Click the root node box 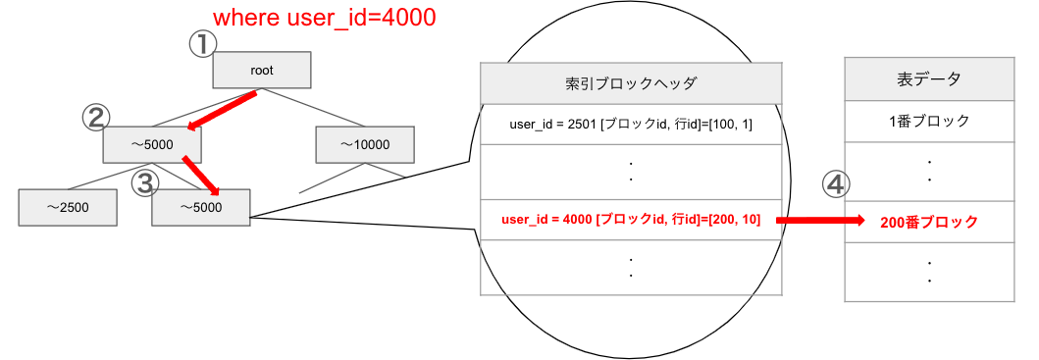(262, 70)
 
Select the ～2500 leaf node (67, 206)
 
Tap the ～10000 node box (364, 145)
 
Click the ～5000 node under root (152, 145)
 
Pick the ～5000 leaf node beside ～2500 (201, 206)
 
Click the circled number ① (201, 43)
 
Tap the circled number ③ (146, 181)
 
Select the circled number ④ (834, 183)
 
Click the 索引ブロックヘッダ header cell (631, 84)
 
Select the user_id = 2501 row (631, 125)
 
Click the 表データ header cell (929, 79)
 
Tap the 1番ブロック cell (929, 122)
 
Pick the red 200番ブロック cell (929, 223)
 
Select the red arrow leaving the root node (224, 110)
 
